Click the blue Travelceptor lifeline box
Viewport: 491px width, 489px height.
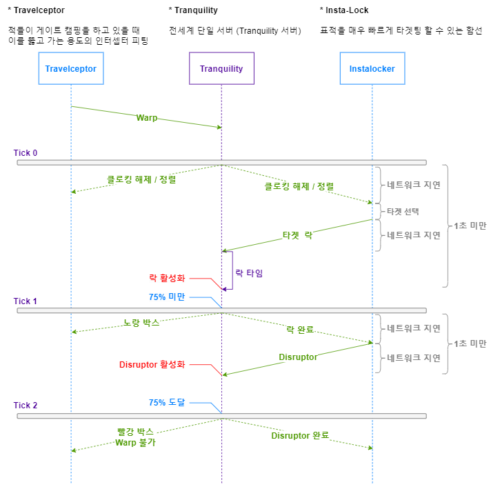tap(70, 69)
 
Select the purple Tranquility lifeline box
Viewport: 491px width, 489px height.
tap(221, 69)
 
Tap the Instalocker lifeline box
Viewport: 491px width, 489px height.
tap(372, 69)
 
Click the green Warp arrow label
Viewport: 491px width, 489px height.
tap(146, 118)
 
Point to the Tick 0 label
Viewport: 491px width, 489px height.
tap(26, 152)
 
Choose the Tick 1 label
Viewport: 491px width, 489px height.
tap(26, 301)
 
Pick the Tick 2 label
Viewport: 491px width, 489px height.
tap(26, 406)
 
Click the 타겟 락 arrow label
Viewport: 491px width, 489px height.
tap(297, 234)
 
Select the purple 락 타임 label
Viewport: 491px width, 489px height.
tap(249, 273)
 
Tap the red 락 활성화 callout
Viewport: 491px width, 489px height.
tap(167, 278)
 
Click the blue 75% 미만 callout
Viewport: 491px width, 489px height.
tap(167, 297)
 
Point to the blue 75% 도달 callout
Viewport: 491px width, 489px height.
tap(167, 402)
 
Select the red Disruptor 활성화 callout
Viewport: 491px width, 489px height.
tap(152, 364)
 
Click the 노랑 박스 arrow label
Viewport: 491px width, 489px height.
tap(141, 322)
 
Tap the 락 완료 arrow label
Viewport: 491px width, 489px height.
tap(300, 329)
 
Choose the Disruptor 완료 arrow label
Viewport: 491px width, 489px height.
tap(300, 435)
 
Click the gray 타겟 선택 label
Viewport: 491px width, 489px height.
tap(403, 210)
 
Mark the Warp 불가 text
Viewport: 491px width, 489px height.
tap(135, 443)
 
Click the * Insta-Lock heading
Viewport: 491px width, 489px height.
tap(344, 10)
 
